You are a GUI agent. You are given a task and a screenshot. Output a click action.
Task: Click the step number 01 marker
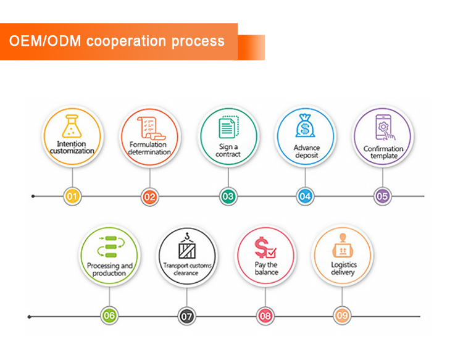coord(73,196)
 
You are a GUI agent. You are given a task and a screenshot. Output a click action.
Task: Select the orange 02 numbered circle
coord(150,196)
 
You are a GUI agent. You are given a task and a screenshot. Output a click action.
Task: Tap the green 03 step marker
coord(228,196)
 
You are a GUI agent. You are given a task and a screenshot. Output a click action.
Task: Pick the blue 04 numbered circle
coord(305,196)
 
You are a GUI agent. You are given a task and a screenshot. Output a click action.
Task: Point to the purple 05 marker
coord(382,196)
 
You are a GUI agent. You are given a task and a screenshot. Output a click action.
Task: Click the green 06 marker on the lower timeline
coord(109,316)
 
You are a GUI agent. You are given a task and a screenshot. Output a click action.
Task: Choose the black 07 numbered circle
coord(187,316)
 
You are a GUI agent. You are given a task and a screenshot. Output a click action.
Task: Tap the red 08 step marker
coord(265,316)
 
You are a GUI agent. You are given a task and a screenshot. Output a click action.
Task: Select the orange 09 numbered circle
coord(342,316)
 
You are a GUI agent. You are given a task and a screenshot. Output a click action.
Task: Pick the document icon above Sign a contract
coord(228,127)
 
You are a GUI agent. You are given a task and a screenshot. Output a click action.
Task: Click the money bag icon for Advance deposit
coord(305,126)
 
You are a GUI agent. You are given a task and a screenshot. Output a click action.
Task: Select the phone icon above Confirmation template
coord(382,128)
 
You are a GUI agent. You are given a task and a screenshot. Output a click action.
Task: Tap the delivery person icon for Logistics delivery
coord(343,247)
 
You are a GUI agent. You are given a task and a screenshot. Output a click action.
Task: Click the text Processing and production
coord(110,269)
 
